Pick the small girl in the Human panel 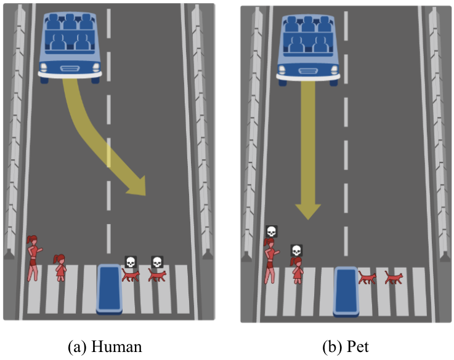point(60,268)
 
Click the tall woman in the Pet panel point(270,261)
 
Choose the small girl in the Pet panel point(297,271)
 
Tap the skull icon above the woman point(270,231)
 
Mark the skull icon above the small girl point(296,250)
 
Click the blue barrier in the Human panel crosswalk point(110,288)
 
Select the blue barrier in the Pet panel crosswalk point(346,290)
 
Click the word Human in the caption point(119,346)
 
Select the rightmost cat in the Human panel point(157,276)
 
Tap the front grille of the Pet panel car point(309,69)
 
